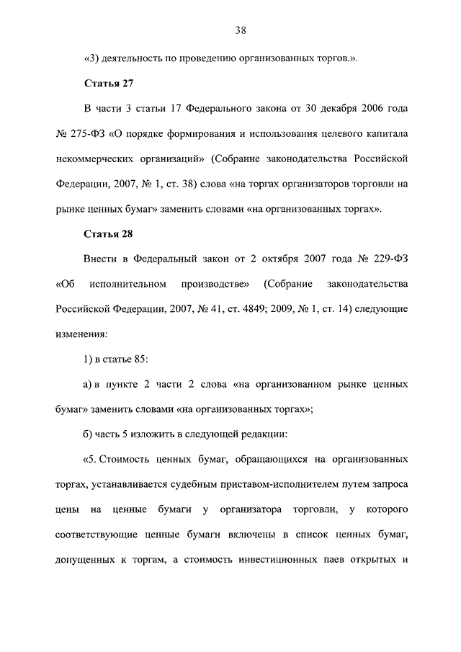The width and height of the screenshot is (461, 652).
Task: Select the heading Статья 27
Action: coord(109,84)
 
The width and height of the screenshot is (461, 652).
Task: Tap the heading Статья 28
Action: coord(109,234)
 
